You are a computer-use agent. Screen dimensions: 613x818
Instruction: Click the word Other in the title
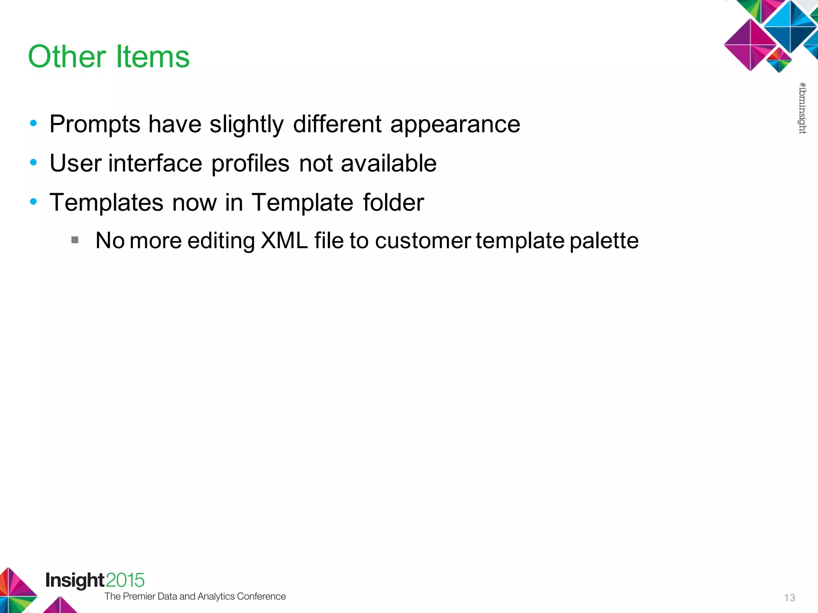pyautogui.click(x=67, y=57)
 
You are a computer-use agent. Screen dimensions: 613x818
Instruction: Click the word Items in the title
pyautogui.click(x=153, y=57)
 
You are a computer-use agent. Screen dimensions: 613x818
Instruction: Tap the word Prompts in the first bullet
pyautogui.click(x=95, y=125)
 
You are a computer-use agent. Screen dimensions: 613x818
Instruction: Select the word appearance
pyautogui.click(x=455, y=125)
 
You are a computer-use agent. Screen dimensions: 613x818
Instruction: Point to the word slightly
pyautogui.click(x=246, y=125)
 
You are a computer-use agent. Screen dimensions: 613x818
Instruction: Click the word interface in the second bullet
pyautogui.click(x=155, y=163)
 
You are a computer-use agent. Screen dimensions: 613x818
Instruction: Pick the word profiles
pyautogui.click(x=250, y=163)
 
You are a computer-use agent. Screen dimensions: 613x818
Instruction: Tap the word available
pyautogui.click(x=388, y=163)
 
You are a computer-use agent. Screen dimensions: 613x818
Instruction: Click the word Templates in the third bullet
pyautogui.click(x=106, y=202)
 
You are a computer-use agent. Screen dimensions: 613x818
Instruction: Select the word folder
pyautogui.click(x=393, y=202)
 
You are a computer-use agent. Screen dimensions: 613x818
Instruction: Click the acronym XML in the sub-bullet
pyautogui.click(x=284, y=241)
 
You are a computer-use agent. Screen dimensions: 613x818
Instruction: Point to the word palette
pyautogui.click(x=604, y=241)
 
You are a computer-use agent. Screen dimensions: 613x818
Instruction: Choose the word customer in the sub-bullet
pyautogui.click(x=423, y=241)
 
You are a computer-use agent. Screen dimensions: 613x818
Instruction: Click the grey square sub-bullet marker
pyautogui.click(x=75, y=240)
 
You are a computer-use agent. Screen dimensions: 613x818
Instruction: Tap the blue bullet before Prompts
pyautogui.click(x=34, y=123)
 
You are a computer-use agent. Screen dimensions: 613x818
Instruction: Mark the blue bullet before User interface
pyautogui.click(x=34, y=162)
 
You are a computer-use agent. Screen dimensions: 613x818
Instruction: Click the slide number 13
pyautogui.click(x=789, y=597)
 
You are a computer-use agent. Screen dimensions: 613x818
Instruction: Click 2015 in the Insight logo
pyautogui.click(x=125, y=580)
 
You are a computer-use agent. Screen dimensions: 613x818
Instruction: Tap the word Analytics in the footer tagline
pyautogui.click(x=216, y=596)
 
